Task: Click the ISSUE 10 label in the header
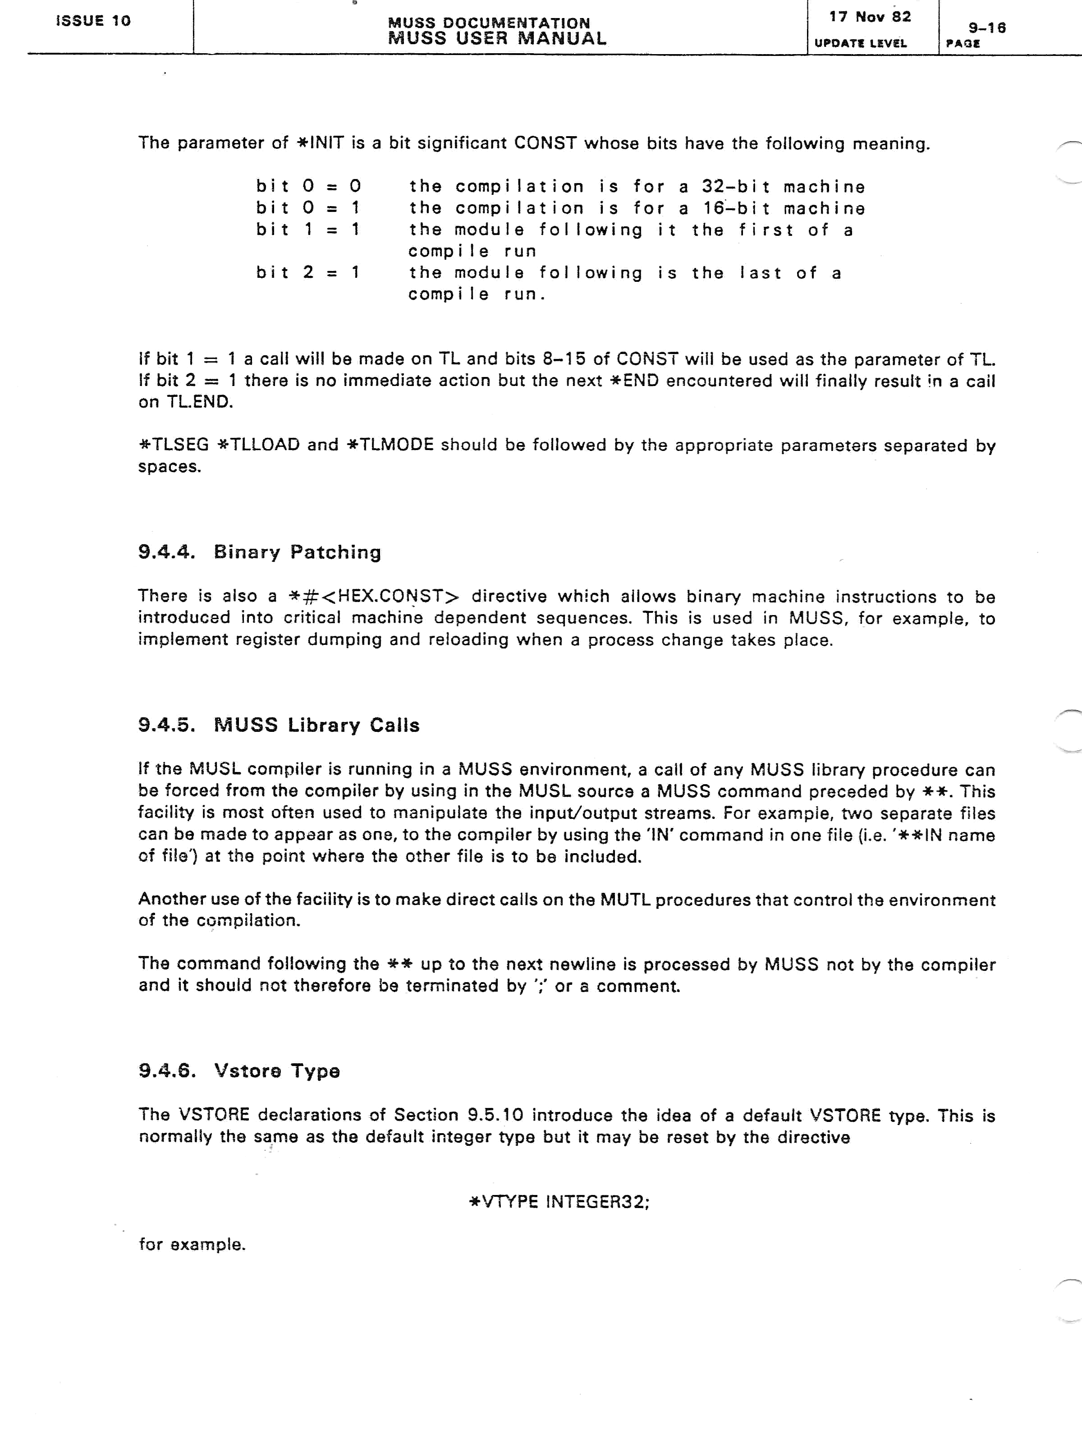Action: click(x=93, y=21)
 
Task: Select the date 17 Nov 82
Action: click(x=870, y=17)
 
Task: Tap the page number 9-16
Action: click(x=987, y=28)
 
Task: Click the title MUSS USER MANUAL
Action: click(x=497, y=38)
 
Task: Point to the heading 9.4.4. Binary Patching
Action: click(x=260, y=552)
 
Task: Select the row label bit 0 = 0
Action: click(x=308, y=187)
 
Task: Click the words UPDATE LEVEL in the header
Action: click(x=860, y=44)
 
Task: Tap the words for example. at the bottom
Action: click(x=192, y=1244)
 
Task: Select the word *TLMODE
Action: click(x=390, y=445)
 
